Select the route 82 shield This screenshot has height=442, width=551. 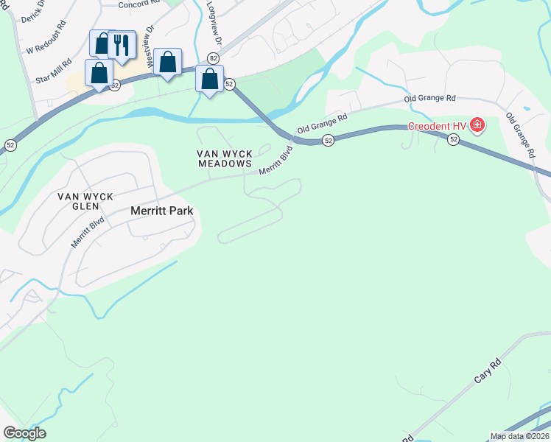[213, 57]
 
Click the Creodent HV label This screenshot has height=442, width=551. [440, 125]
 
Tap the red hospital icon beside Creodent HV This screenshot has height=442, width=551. [477, 125]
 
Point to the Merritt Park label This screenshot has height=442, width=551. [161, 211]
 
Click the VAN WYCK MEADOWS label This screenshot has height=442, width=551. [225, 158]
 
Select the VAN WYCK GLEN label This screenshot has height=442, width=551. [88, 202]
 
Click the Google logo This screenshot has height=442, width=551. [24, 433]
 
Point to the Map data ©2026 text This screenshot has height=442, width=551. [519, 436]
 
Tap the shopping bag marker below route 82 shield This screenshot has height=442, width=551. [210, 80]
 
